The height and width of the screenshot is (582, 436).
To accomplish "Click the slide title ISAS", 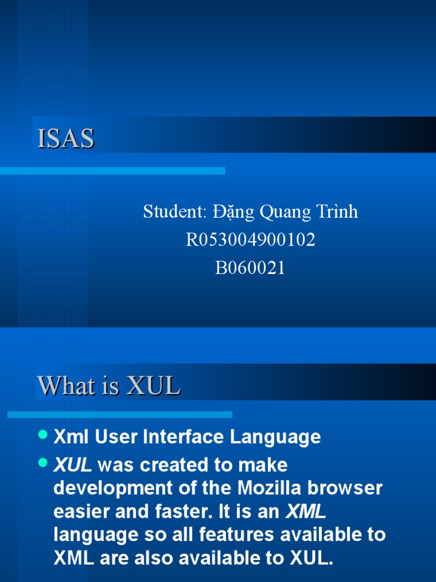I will pyautogui.click(x=66, y=139).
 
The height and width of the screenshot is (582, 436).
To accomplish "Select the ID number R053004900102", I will pyautogui.click(x=250, y=240).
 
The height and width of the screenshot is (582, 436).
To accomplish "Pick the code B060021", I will pyautogui.click(x=250, y=268).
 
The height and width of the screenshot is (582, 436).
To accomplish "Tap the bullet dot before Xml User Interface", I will pyautogui.click(x=43, y=435).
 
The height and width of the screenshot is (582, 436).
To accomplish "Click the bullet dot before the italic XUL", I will pyautogui.click(x=43, y=463).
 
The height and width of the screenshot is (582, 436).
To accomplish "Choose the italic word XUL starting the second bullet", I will pyautogui.click(x=73, y=465).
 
